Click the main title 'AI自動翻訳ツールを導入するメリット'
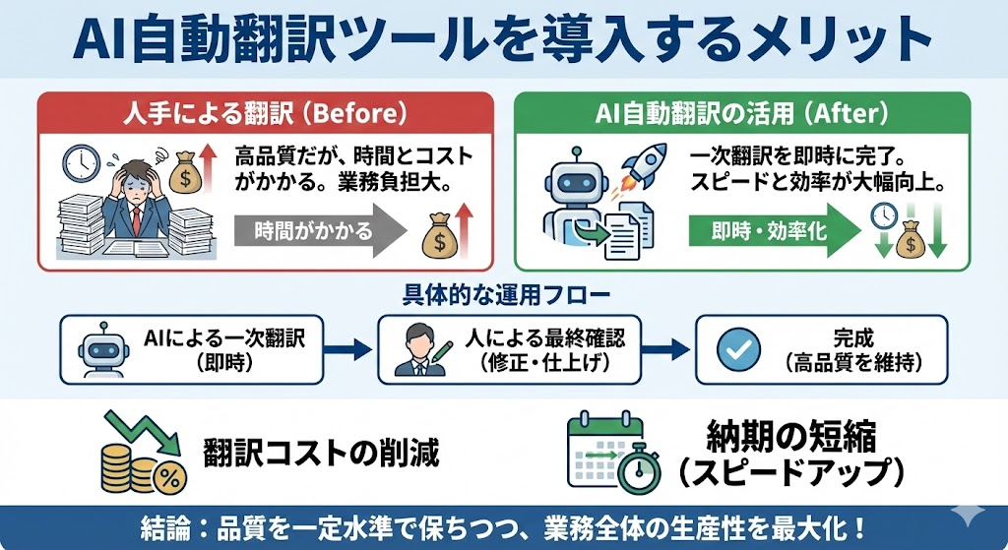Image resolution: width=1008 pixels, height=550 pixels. click(503, 38)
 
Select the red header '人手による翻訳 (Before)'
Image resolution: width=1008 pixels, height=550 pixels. click(264, 113)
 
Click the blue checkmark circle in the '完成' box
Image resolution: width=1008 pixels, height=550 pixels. click(735, 349)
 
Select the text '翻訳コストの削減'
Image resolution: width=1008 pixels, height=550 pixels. click(321, 455)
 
